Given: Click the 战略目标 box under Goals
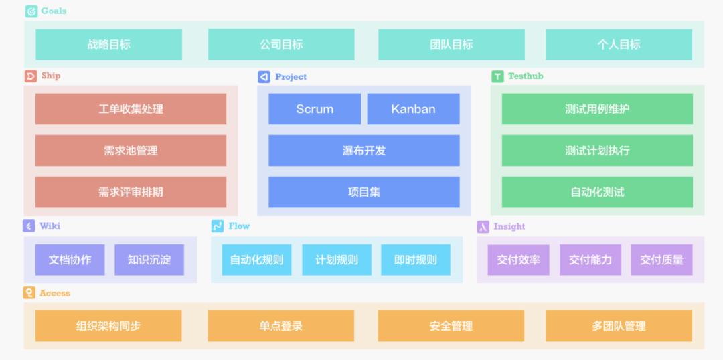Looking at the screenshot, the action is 109,45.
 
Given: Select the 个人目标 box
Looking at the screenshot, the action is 619,45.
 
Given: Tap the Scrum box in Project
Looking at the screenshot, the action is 315,109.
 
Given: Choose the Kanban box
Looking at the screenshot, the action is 413,109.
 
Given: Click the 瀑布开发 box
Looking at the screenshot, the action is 364,151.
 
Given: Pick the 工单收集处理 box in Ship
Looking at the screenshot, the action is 131,109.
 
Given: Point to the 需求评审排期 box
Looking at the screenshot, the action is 131,192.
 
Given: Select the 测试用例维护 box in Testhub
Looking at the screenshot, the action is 597,109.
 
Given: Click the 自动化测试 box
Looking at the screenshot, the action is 597,192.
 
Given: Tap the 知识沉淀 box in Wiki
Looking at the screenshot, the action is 149,260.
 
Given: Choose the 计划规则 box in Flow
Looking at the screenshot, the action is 337,260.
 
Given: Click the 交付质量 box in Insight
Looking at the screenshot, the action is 661,260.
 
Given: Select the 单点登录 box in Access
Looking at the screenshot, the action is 280,326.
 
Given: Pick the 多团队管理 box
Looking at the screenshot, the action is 619,326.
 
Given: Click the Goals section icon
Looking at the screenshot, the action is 31,11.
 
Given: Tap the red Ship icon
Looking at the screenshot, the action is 31,76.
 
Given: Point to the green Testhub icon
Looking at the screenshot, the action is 497,76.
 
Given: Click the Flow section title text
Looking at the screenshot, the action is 239,226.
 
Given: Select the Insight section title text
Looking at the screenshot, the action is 509,226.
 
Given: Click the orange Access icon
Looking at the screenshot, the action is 29,292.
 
